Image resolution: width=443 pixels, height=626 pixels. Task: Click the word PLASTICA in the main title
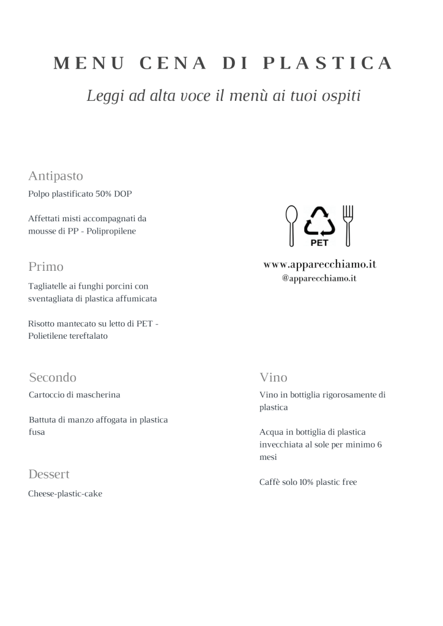click(327, 63)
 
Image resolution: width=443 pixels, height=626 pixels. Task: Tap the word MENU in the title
click(89, 63)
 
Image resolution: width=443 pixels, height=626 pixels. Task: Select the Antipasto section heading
click(56, 176)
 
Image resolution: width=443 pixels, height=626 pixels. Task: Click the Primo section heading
click(46, 267)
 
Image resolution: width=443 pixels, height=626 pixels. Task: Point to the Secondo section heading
click(53, 377)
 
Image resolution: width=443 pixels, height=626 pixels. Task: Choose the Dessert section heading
click(49, 474)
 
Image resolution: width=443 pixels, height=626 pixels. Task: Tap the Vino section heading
click(273, 377)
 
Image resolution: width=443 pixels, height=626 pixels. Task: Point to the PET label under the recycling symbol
click(320, 243)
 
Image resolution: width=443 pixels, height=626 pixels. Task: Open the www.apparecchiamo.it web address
click(319, 264)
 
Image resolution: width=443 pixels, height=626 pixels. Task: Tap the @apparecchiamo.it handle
click(319, 278)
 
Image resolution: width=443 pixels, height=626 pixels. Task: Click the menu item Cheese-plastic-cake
click(65, 494)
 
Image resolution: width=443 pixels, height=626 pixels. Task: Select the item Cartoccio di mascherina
click(74, 395)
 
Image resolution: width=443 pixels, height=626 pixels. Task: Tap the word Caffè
click(270, 482)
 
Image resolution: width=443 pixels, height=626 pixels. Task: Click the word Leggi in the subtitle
click(105, 96)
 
